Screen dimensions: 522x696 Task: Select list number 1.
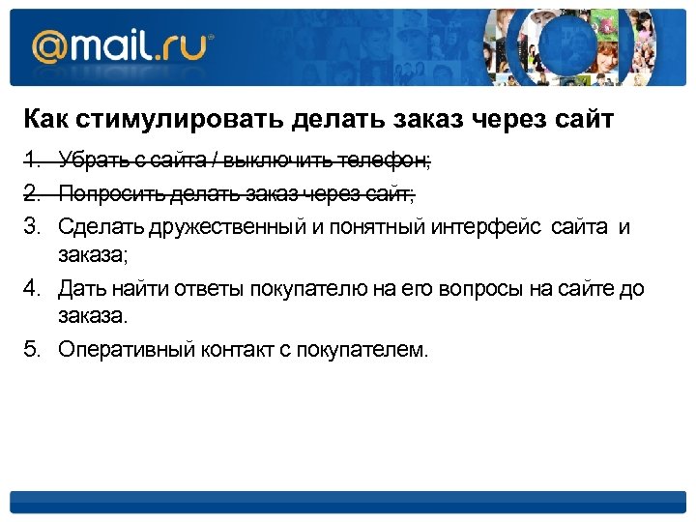[32, 159]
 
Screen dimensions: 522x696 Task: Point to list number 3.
[32, 227]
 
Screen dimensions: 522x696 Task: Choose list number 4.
[32, 288]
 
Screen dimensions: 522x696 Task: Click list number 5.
[32, 349]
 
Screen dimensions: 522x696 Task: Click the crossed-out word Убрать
[87, 159]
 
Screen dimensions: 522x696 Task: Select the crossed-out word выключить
[289, 159]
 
